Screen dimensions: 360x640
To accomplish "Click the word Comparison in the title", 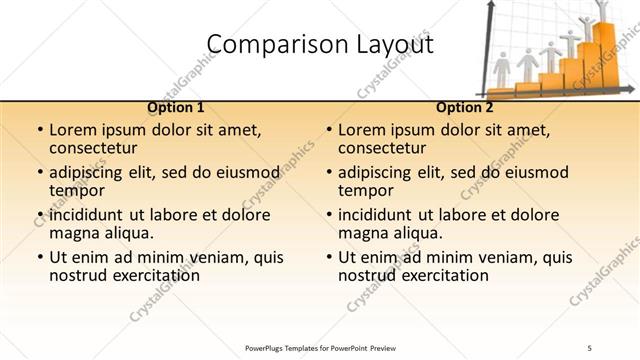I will [x=261, y=44].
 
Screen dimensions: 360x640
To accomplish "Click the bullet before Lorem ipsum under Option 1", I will [x=39, y=131].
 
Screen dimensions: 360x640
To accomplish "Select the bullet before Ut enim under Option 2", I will [x=328, y=257].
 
